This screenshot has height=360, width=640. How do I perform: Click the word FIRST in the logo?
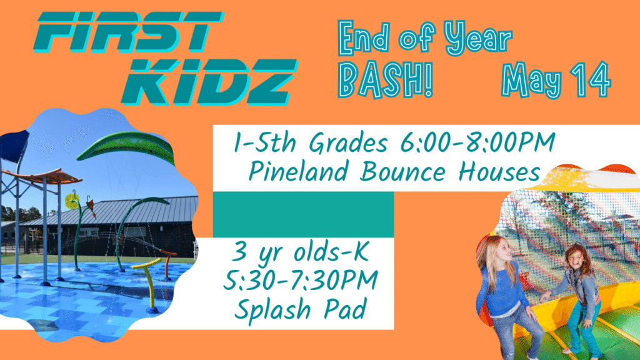coord(129,32)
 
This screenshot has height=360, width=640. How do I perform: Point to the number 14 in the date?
coord(591,79)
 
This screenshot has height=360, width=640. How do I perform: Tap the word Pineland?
coord(298,171)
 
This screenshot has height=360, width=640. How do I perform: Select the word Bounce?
coord(402,171)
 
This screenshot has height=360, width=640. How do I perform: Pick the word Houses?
coord(499,171)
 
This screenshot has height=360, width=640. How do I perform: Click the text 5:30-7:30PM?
coord(301,280)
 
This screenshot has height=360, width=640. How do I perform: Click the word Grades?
coord(348,143)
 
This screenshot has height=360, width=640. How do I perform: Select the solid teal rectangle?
coord(303,214)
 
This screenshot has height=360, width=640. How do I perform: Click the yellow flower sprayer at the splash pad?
coord(72,201)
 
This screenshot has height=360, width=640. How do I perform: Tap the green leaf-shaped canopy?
coord(127,147)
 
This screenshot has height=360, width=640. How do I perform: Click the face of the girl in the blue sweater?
coord(501,249)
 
